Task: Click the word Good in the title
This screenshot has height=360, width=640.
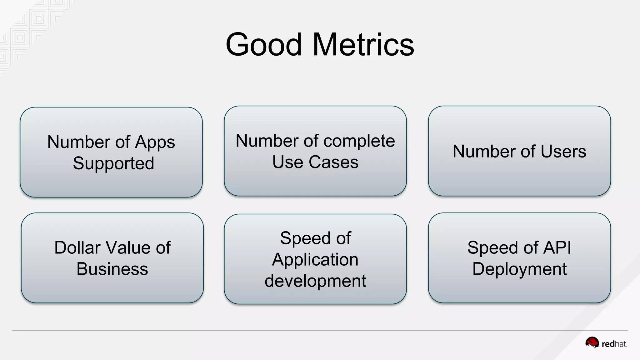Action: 263,45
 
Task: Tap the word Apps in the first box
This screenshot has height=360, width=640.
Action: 155,142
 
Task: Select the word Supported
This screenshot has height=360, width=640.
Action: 113,163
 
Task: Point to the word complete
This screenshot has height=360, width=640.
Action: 359,141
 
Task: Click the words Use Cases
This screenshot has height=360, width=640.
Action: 315,162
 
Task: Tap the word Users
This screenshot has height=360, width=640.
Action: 563,152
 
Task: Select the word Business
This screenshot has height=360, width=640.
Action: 112,269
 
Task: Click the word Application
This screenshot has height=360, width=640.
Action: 315,260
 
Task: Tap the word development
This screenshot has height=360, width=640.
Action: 315,281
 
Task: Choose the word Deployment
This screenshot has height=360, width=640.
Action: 519,269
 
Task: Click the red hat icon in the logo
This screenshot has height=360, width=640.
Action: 592,342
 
